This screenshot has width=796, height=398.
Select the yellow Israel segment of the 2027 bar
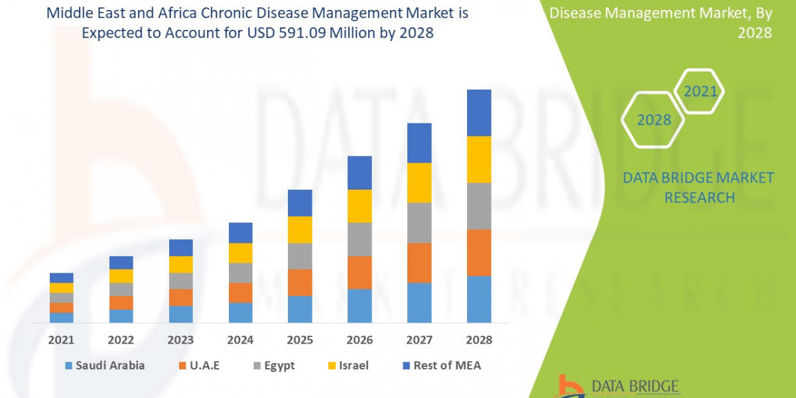[x=419, y=182]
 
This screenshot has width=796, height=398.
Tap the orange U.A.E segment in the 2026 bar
[x=360, y=272]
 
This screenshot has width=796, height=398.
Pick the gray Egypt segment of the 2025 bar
[x=300, y=255]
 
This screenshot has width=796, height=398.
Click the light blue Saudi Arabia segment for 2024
[x=240, y=312]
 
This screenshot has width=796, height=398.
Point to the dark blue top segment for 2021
[x=62, y=277]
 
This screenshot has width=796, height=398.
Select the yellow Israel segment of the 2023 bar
[x=180, y=264]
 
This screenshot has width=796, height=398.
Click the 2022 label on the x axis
[x=121, y=340]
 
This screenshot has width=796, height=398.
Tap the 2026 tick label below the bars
[x=360, y=340]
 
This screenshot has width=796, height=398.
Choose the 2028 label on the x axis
[x=479, y=340]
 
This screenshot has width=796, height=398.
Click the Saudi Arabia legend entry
[x=104, y=365]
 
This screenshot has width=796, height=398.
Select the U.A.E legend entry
[x=200, y=365]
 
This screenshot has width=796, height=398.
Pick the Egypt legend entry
[x=273, y=365]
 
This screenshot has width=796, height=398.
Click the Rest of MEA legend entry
[x=440, y=365]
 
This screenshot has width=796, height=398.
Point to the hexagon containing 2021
[x=700, y=92]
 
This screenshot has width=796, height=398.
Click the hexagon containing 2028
[x=654, y=120]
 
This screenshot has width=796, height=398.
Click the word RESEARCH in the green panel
[x=699, y=198]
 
